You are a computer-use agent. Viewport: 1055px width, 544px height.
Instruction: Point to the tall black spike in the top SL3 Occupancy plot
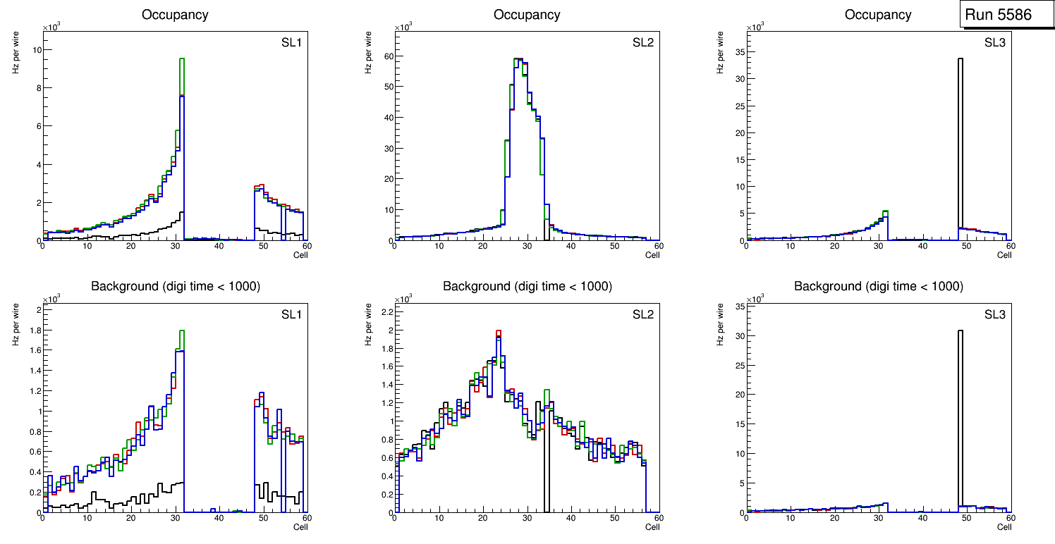pos(960,141)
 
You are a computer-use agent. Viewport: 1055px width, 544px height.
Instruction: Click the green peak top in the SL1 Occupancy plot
pos(181,59)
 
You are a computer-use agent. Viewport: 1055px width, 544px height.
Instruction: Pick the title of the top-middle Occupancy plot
pos(527,15)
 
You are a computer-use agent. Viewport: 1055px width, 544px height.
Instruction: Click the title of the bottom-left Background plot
pos(176,287)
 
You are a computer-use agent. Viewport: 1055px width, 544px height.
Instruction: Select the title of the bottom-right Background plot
pos(878,287)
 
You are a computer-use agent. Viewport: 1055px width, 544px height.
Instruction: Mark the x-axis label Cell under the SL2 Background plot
pos(652,526)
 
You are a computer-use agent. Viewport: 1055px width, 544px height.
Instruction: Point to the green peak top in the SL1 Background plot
pos(181,331)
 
